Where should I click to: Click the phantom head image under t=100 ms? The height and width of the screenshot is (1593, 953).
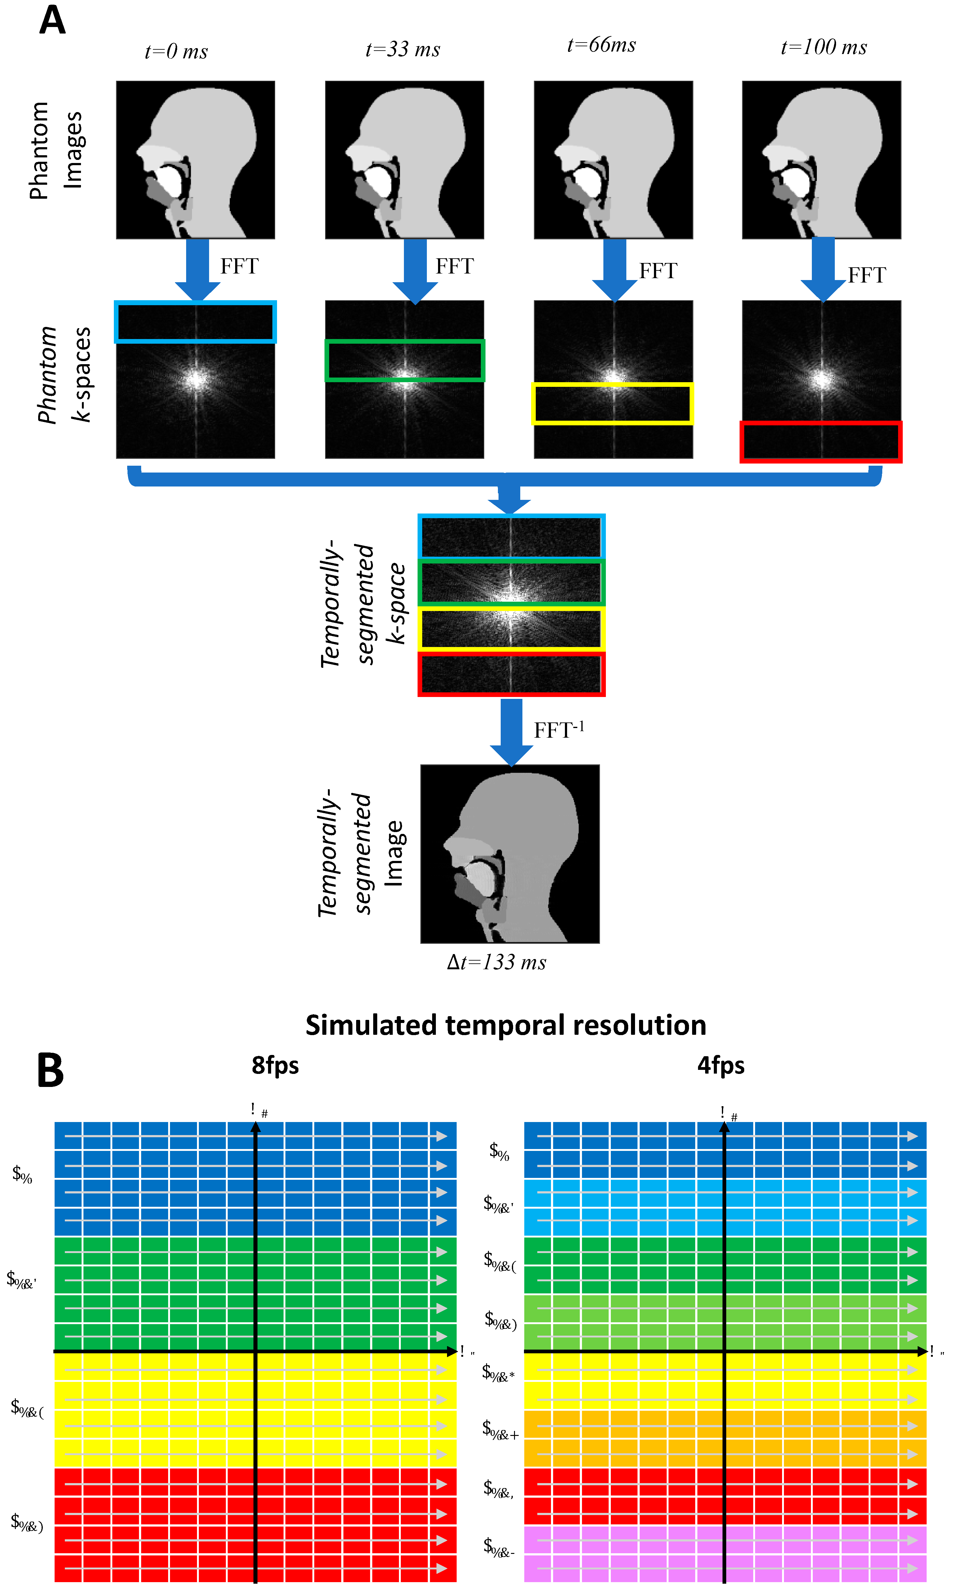pyautogui.click(x=821, y=160)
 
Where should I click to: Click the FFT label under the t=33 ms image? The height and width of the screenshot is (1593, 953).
pyautogui.click(x=455, y=266)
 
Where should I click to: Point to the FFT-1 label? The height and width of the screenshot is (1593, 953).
pyautogui.click(x=559, y=730)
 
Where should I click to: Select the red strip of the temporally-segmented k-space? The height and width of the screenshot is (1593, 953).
pyautogui.click(x=511, y=674)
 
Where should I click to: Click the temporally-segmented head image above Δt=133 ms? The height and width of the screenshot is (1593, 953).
pyautogui.click(x=510, y=853)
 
